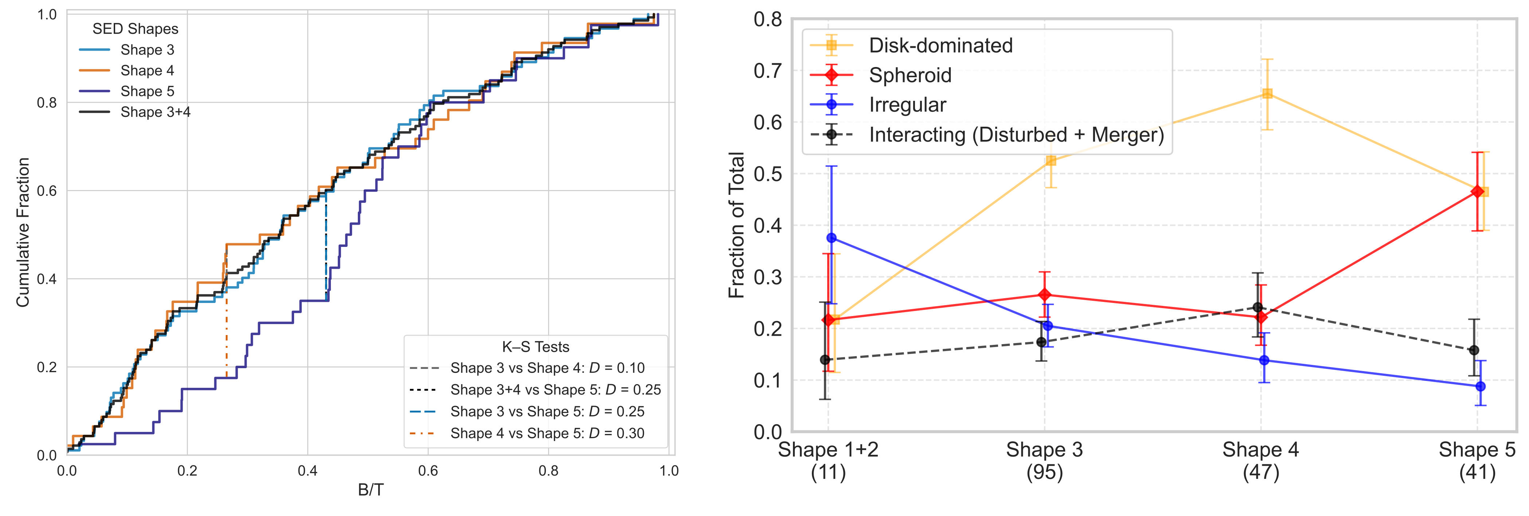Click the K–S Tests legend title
(535, 347)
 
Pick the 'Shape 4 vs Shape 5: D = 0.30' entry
(547, 434)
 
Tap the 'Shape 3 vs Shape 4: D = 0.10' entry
(547, 368)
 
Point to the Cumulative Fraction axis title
(23, 232)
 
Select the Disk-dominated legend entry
(940, 46)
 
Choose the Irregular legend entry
(907, 105)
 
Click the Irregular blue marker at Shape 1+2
(832, 238)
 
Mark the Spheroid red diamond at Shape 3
(1045, 295)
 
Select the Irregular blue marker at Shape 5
(1480, 386)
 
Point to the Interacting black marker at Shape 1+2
(825, 359)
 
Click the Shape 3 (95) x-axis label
(1044, 461)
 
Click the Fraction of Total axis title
(736, 225)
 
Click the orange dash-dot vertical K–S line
(226, 332)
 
